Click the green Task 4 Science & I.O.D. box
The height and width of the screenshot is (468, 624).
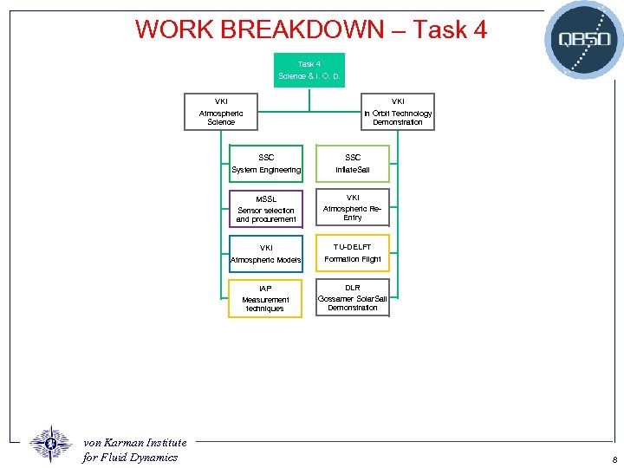point(309,70)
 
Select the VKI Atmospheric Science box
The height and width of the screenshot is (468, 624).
point(221,112)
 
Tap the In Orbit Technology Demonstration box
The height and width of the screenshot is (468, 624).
point(398,112)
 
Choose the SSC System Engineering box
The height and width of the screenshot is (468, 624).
point(266,164)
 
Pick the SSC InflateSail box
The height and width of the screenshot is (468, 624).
point(353,164)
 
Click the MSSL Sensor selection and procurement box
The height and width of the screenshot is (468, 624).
point(266,209)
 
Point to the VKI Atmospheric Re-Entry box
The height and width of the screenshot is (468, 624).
point(353,207)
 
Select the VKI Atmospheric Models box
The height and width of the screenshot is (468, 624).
point(266,254)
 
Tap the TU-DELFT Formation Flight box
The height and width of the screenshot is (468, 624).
point(353,253)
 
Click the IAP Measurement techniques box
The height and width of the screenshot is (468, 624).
point(265,298)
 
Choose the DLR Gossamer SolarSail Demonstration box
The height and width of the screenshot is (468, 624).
point(353,297)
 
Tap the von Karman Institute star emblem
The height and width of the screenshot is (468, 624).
point(51,444)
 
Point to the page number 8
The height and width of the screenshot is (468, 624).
point(614,460)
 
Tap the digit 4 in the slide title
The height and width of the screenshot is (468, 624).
point(478,30)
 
